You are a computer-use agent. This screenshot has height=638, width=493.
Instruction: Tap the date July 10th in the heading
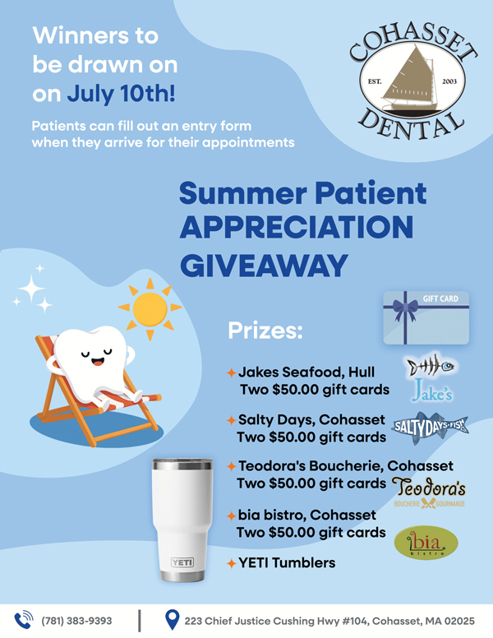click(x=122, y=94)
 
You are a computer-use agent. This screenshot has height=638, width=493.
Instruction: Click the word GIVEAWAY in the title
click(x=264, y=266)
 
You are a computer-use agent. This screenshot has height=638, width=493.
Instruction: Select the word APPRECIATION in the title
click(x=297, y=227)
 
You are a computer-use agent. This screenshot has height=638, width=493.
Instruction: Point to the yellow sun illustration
click(x=150, y=309)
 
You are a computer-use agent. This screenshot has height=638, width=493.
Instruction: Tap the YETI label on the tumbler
click(x=182, y=562)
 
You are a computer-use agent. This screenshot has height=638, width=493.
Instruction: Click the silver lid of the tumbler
click(x=182, y=465)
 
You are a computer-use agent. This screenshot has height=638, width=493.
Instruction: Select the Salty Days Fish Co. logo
click(x=431, y=428)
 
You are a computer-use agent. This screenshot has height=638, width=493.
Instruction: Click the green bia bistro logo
click(x=426, y=543)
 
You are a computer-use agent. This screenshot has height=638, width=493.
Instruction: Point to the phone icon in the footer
click(x=24, y=620)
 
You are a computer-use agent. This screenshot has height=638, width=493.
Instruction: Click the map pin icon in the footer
click(x=173, y=620)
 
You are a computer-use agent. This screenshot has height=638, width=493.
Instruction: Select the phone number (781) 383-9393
click(x=76, y=621)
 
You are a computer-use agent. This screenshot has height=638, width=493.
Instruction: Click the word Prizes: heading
click(x=265, y=331)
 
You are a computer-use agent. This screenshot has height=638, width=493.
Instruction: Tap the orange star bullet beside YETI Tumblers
click(x=232, y=563)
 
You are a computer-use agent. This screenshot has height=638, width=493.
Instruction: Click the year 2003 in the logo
click(x=449, y=81)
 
